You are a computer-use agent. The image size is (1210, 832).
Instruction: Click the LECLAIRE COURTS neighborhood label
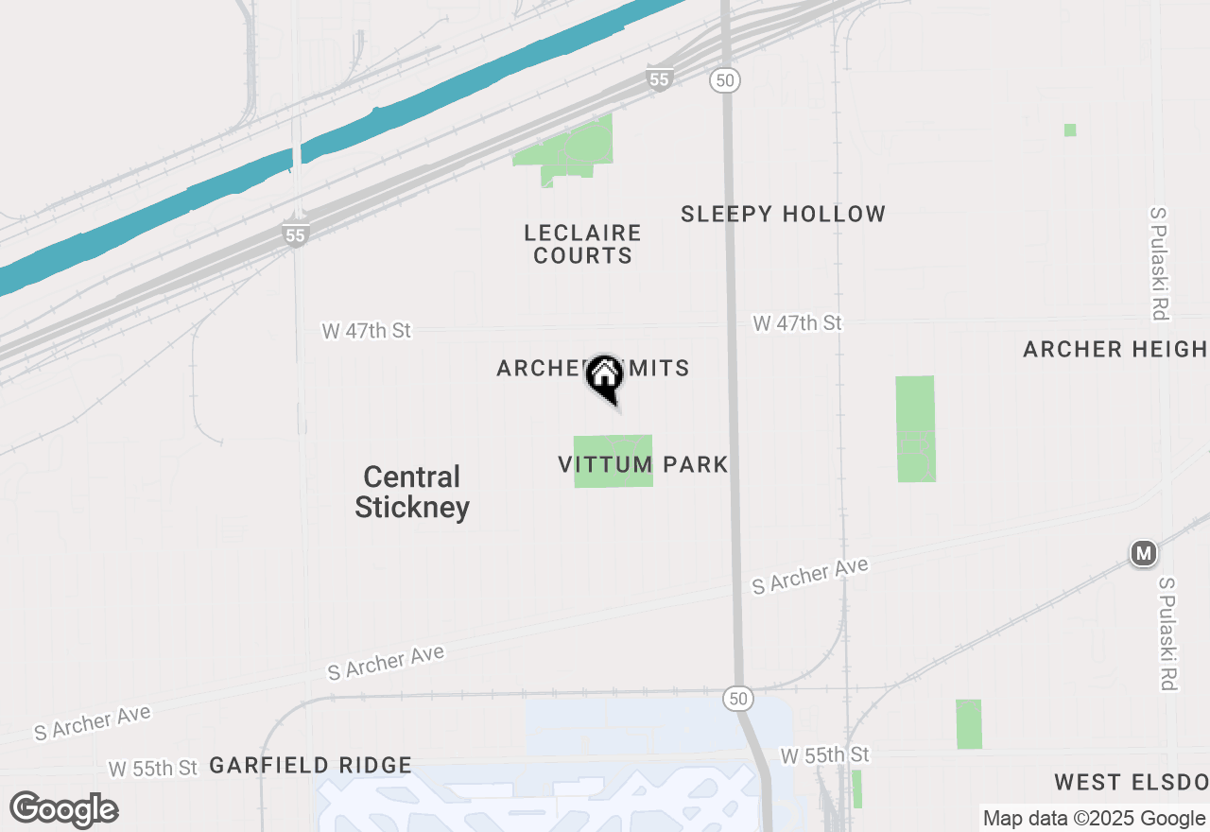tap(582, 244)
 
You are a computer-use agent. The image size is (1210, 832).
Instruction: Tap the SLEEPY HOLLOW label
tap(783, 215)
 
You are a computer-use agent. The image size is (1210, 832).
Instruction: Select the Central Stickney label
tap(412, 492)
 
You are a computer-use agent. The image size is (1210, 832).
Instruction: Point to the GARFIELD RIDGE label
tap(310, 765)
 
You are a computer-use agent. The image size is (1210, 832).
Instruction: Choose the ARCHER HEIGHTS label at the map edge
tap(1115, 350)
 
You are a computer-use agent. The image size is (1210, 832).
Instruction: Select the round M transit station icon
tap(1143, 553)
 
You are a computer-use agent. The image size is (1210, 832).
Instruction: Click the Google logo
tap(63, 810)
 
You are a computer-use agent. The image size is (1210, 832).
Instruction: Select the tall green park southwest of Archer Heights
tap(915, 428)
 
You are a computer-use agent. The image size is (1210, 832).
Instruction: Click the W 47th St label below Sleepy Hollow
tap(797, 323)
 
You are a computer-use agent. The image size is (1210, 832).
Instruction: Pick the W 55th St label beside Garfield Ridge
tap(152, 767)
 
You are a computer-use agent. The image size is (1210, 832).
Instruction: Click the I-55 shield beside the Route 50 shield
tap(660, 79)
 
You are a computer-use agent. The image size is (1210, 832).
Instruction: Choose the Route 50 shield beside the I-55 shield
tap(725, 80)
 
